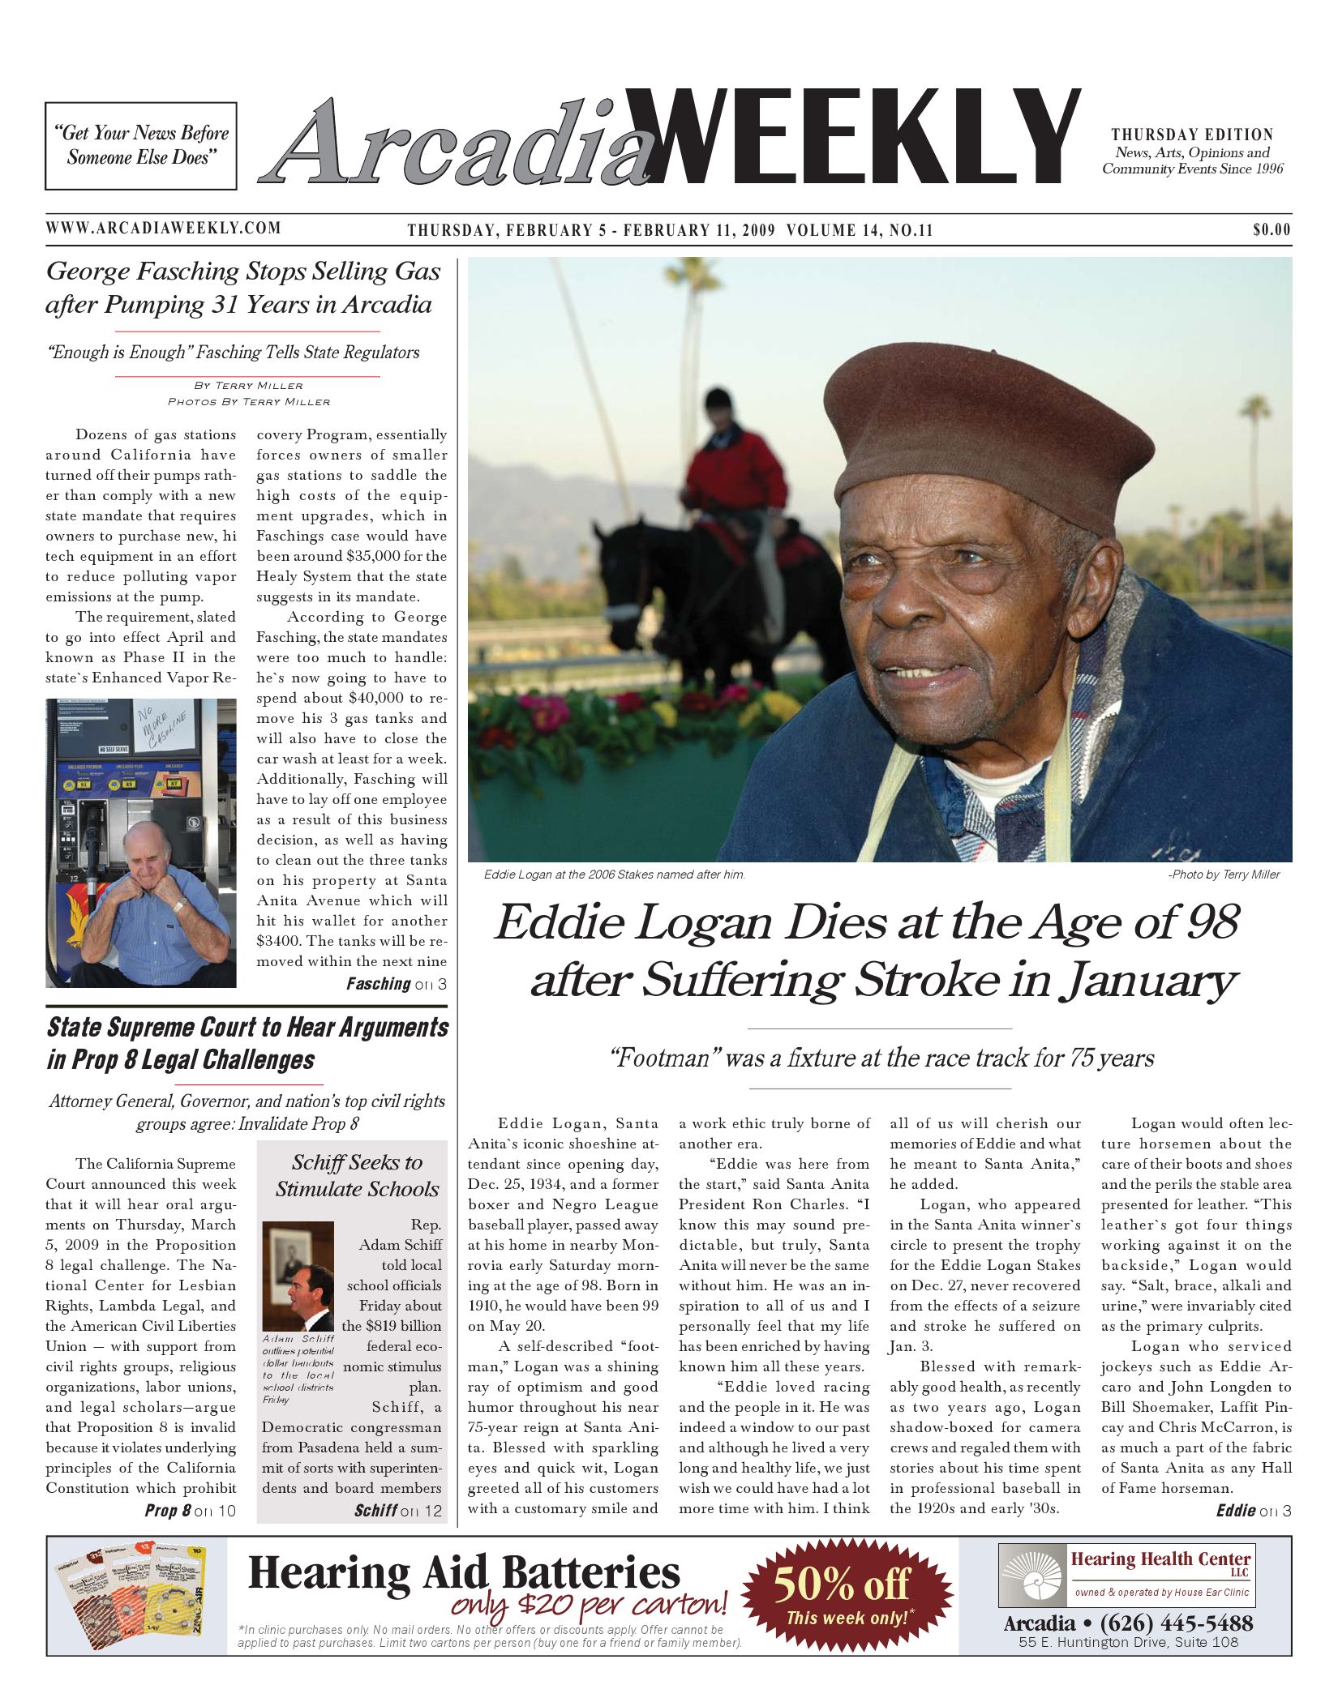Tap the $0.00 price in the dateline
1271,230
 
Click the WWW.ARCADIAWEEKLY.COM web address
163,228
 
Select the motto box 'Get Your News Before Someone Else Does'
141,146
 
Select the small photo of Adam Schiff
298,1276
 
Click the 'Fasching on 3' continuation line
396,984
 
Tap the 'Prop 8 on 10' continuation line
190,1510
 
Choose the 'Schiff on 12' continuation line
398,1510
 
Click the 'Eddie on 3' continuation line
1253,1510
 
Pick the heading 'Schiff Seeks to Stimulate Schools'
357,1175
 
